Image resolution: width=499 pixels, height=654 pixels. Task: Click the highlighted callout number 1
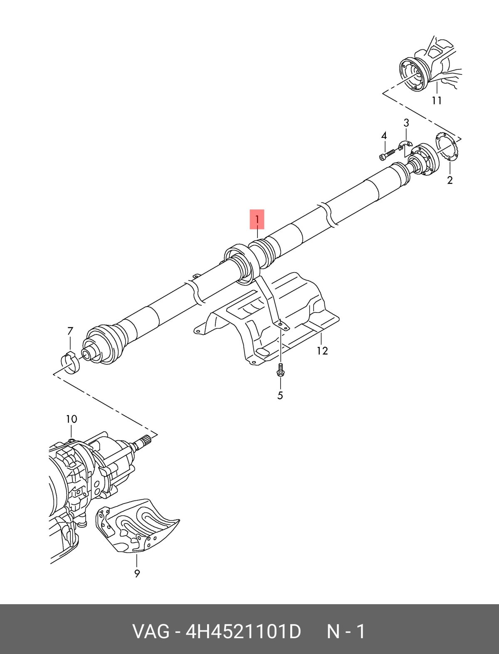[x=257, y=219]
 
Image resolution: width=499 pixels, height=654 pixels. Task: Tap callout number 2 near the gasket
[x=450, y=180]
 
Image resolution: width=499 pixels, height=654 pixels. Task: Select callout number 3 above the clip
[x=406, y=123]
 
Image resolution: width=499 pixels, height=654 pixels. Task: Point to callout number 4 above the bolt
[x=384, y=136]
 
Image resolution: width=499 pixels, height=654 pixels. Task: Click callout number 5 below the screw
[x=280, y=396]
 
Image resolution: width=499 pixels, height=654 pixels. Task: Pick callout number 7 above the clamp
[x=70, y=331]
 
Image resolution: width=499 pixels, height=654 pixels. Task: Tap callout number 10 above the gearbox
[x=72, y=419]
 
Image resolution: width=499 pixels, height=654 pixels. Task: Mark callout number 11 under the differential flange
[x=437, y=101]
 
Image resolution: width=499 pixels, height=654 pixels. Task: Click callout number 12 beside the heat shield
[x=322, y=351]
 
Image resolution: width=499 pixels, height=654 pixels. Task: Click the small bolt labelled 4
[x=387, y=155]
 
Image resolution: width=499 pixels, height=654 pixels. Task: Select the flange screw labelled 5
[x=280, y=370]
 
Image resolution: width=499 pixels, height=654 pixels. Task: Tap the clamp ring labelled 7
[x=69, y=362]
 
